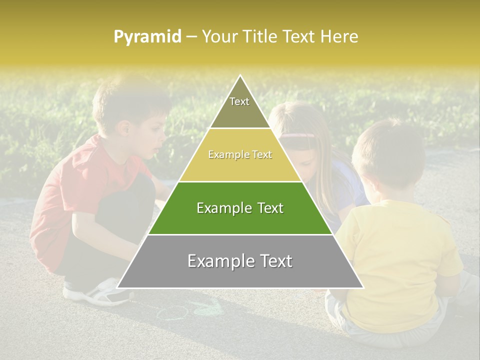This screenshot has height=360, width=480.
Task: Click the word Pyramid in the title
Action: tap(147, 37)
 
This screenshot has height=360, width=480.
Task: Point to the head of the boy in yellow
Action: tap(385, 150)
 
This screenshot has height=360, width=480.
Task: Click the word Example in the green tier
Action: tap(221, 208)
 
